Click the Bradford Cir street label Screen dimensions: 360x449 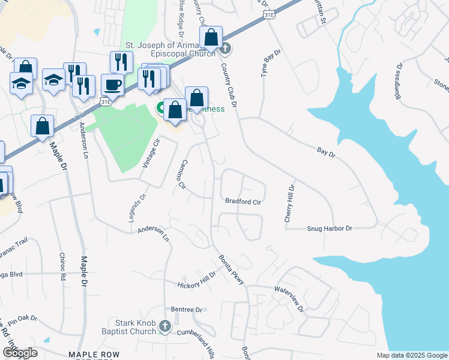tap(243, 202)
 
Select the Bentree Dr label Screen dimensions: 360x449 tap(187, 310)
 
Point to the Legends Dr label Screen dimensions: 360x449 tap(137, 208)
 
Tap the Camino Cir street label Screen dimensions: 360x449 tap(184, 174)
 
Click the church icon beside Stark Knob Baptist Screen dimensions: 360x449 tap(166, 328)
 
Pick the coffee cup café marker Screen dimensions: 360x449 tap(112, 85)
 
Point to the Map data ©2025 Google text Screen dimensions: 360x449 tap(411, 355)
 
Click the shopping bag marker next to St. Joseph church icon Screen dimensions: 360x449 tap(211, 38)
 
